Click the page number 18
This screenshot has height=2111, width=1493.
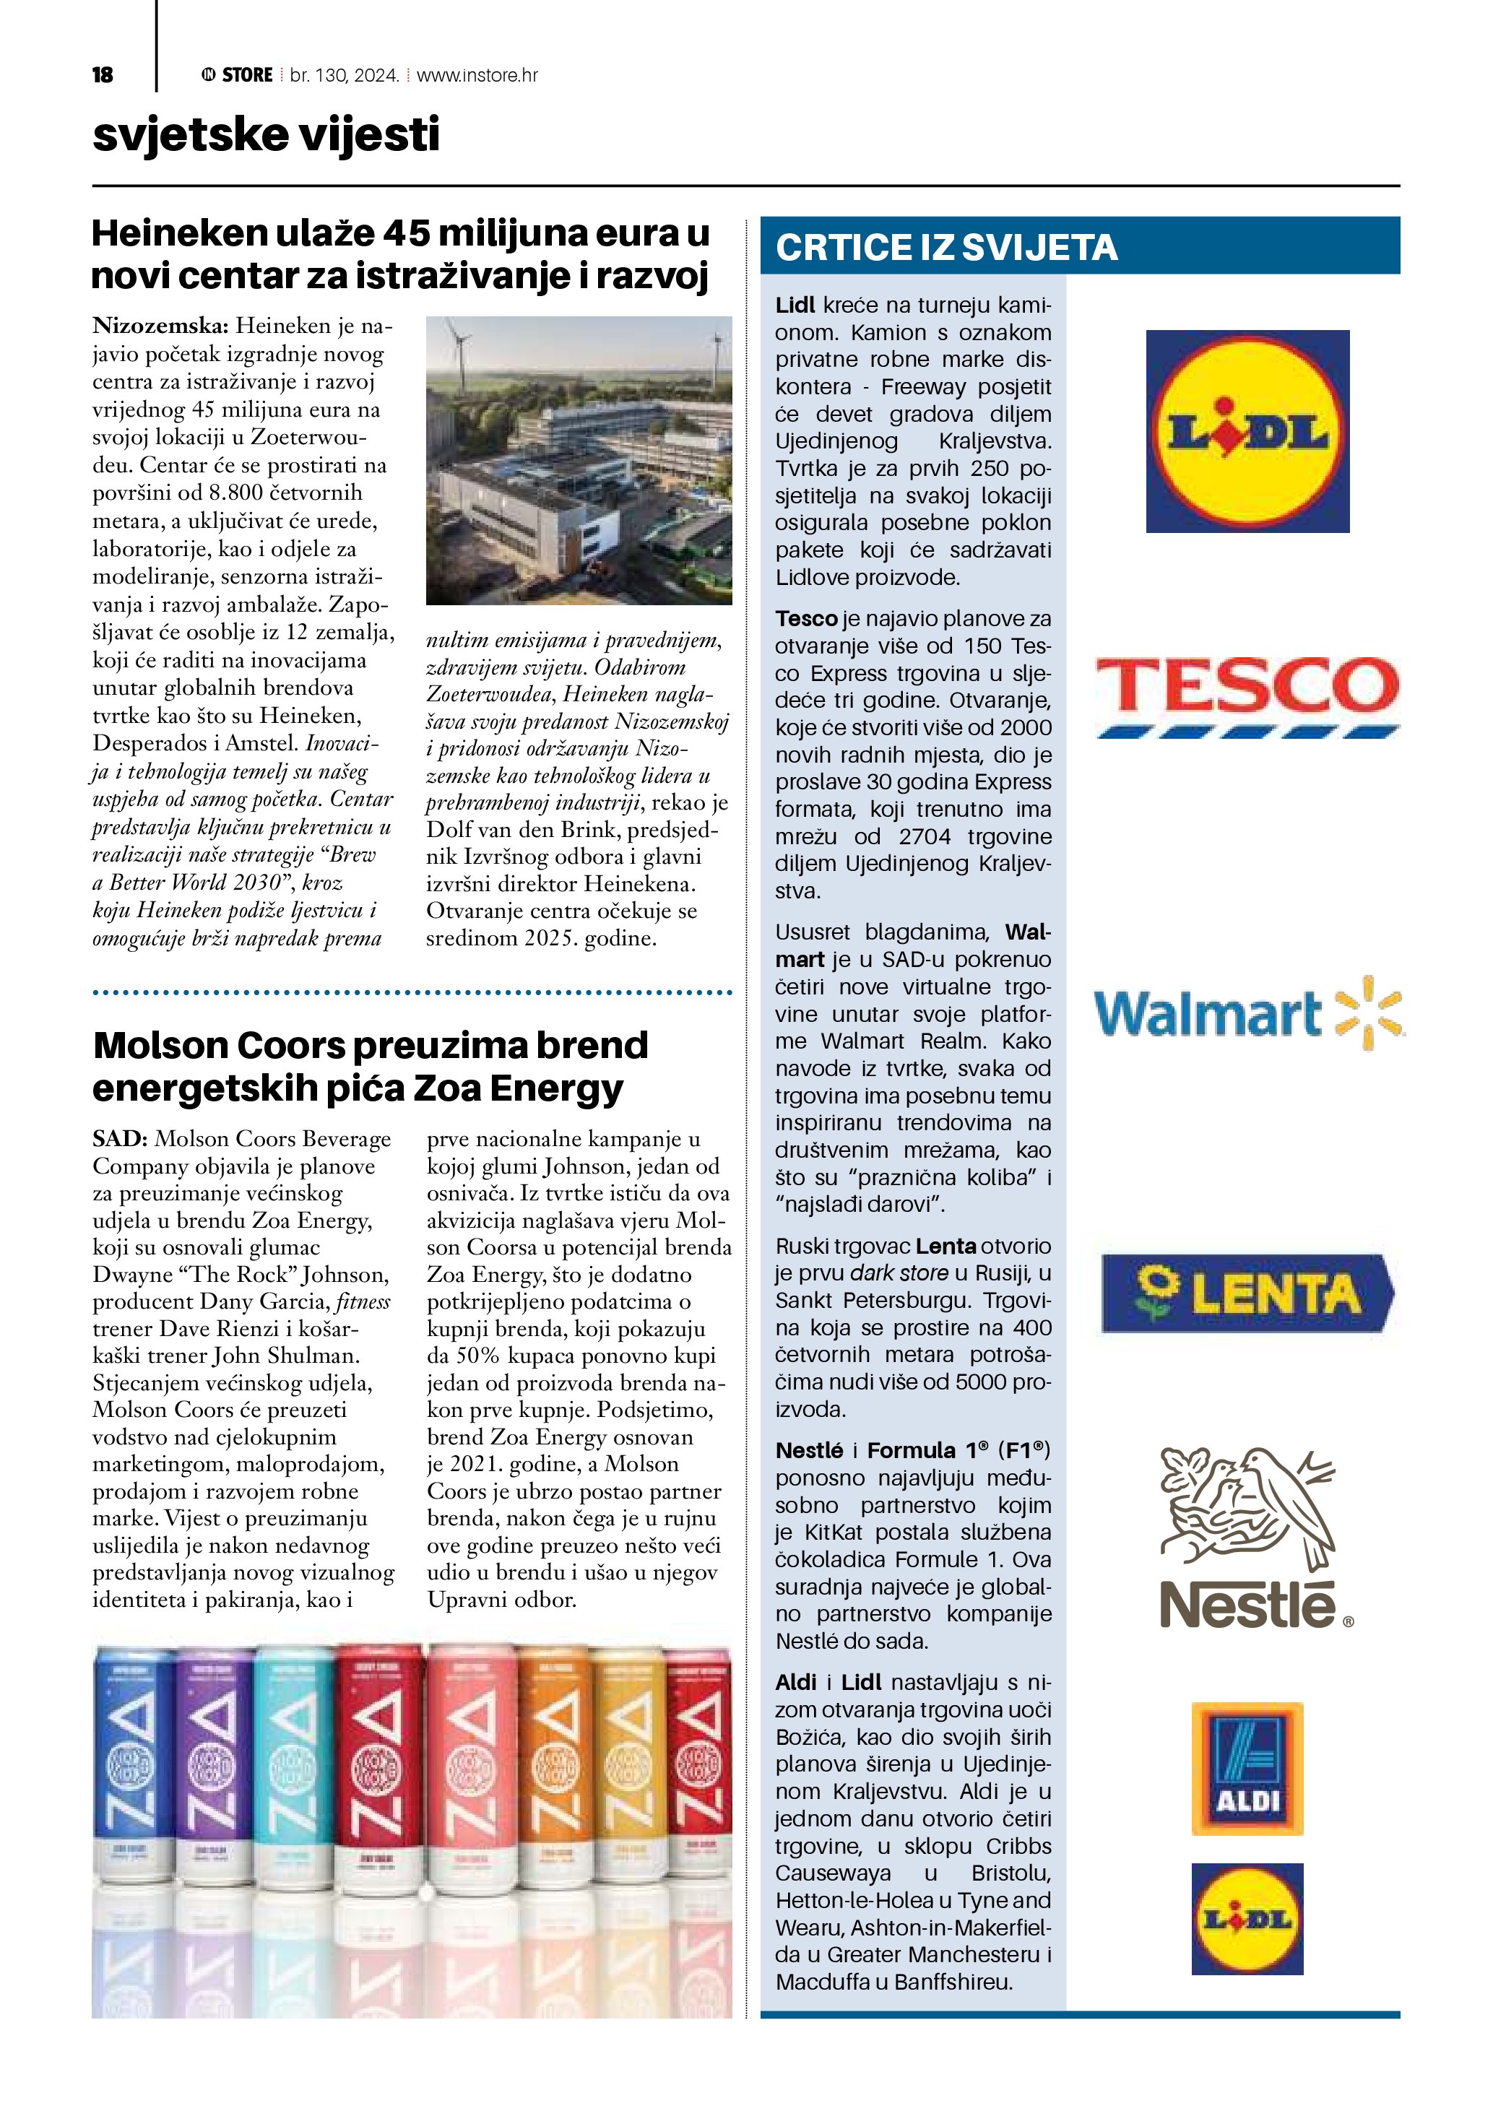pyautogui.click(x=102, y=75)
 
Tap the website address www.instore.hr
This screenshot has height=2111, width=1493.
pyautogui.click(x=477, y=75)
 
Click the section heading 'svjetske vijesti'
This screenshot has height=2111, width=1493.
pyautogui.click(x=266, y=134)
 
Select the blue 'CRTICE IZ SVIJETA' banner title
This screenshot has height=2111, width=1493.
pyautogui.click(x=946, y=247)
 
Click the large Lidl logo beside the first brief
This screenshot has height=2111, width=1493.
pyautogui.click(x=1247, y=431)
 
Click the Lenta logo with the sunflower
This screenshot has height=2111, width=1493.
pyautogui.click(x=1247, y=1293)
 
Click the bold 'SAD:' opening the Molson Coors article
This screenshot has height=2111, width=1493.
pyautogui.click(x=119, y=1138)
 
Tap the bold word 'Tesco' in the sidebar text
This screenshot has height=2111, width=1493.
pyautogui.click(x=806, y=619)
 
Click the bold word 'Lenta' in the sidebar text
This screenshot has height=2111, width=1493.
pyautogui.click(x=946, y=1246)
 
